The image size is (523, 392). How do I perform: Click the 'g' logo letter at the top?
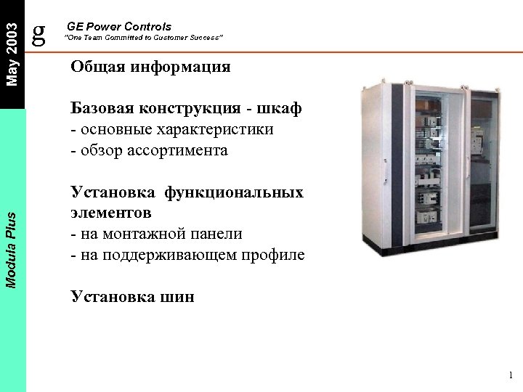tap(40, 30)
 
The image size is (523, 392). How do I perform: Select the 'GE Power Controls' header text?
tap(118, 26)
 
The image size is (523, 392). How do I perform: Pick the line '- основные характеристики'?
tap(172, 130)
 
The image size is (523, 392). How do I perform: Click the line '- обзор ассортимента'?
tap(149, 151)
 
